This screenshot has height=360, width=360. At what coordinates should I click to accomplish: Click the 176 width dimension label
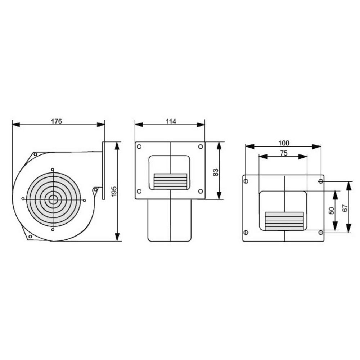coord(56,121)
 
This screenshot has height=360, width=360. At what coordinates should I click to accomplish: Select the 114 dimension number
coord(171,121)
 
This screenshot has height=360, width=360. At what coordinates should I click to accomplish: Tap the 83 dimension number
coord(216,172)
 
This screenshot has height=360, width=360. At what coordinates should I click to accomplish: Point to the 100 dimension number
coord(284,143)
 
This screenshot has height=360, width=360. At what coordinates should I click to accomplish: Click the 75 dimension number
coord(283,153)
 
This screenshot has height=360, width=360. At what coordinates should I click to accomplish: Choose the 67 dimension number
coord(345,208)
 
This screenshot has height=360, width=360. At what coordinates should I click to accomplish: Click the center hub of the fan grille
coord(53,199)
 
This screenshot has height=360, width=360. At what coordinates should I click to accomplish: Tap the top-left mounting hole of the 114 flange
coord(139,147)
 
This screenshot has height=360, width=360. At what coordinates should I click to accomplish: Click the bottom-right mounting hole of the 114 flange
coord(201,191)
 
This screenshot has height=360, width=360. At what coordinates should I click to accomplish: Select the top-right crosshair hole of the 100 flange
coord(320,181)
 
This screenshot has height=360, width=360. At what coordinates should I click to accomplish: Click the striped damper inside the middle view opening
coord(170,181)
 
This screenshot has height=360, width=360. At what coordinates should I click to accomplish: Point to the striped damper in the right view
coord(284,221)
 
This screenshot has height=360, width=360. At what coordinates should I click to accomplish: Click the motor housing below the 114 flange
coord(170,220)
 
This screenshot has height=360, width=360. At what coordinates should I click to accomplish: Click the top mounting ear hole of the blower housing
coord(35,154)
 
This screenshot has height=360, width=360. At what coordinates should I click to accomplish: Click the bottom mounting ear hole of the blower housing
coord(30,237)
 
